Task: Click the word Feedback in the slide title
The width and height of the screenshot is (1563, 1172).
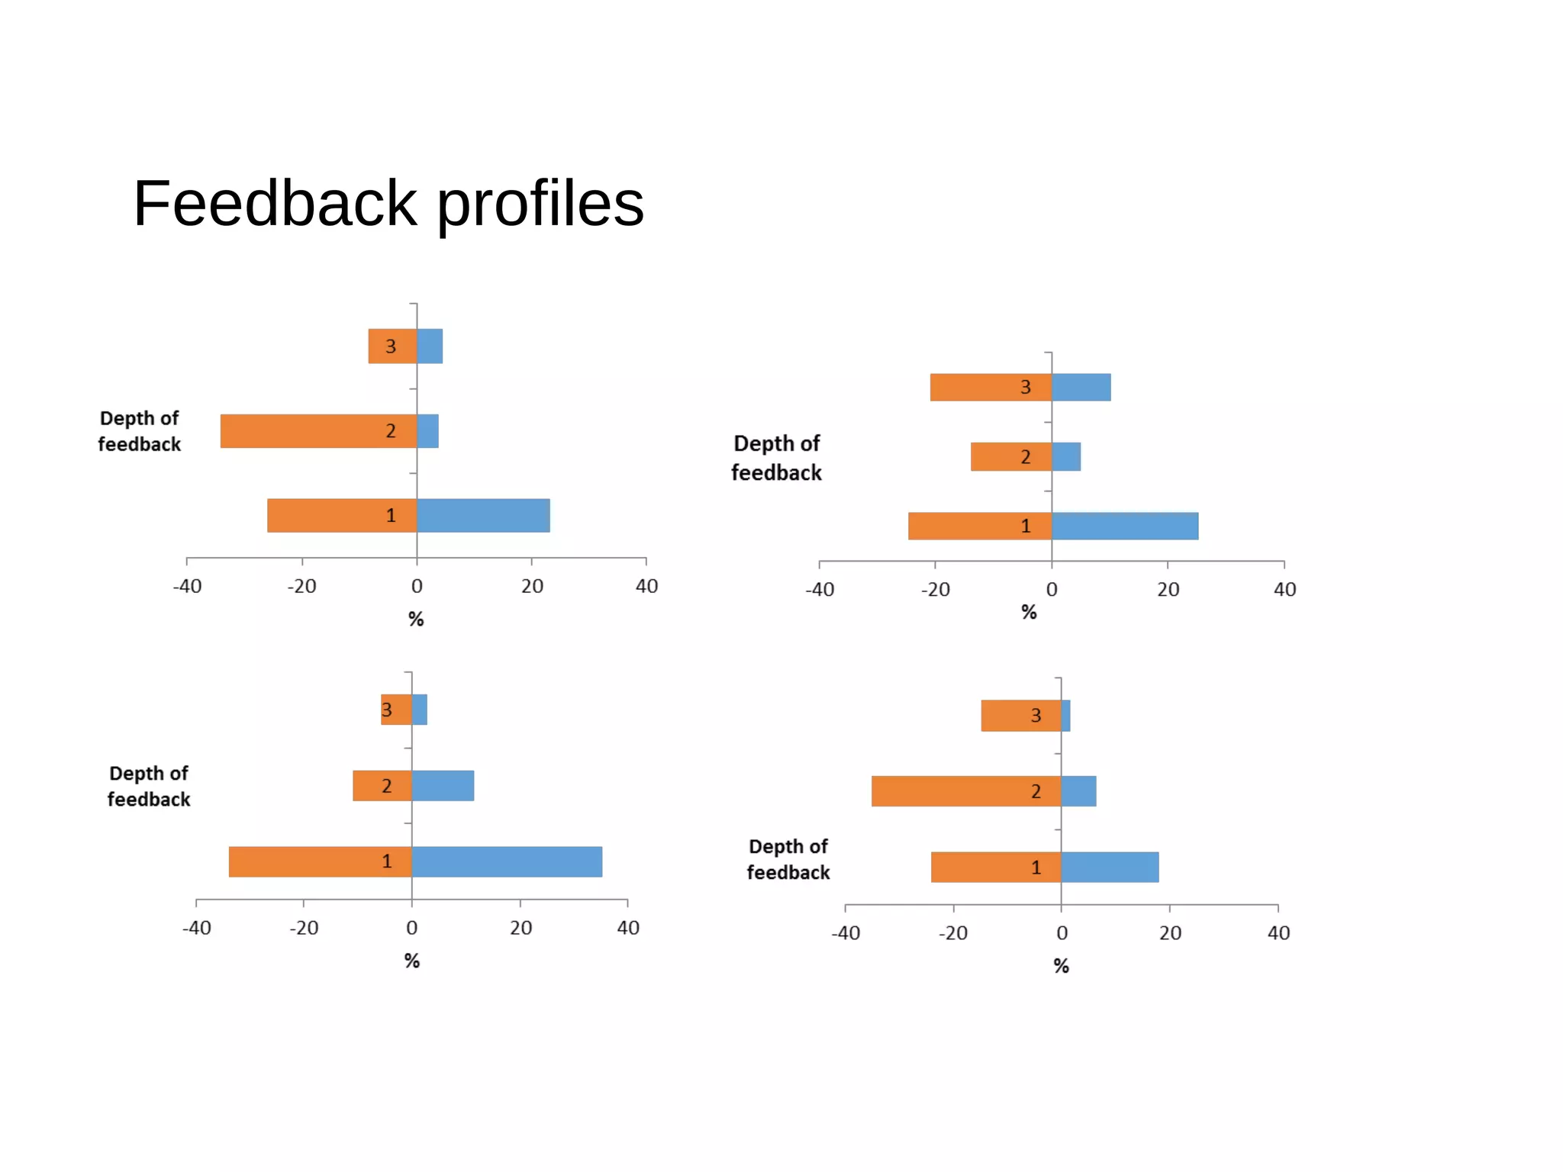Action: (275, 204)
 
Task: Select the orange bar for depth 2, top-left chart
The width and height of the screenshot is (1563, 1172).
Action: (305, 431)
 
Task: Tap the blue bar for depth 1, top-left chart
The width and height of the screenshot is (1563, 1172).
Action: (483, 516)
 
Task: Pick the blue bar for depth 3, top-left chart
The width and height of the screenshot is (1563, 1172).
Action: (430, 346)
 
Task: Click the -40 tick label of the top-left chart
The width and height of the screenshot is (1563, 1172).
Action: (187, 587)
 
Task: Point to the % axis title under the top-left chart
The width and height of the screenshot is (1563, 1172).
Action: (416, 619)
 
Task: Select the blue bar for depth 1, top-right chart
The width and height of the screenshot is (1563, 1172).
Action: (1125, 526)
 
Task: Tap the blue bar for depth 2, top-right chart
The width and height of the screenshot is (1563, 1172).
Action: (1066, 457)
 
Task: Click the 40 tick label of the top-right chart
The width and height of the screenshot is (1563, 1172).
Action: (1284, 590)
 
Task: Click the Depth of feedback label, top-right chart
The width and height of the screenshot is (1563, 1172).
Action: (776, 458)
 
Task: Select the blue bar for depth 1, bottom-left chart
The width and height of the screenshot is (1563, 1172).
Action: (507, 862)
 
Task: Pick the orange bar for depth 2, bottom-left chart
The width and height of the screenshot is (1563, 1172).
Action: (370, 786)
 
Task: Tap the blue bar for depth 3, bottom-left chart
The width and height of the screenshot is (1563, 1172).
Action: (420, 710)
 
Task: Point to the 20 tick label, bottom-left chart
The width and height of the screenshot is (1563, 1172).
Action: (520, 929)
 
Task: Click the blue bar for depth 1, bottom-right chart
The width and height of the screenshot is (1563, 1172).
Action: (1110, 868)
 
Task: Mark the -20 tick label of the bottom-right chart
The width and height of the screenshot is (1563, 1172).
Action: (952, 933)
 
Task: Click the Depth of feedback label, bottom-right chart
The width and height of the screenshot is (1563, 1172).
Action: (788, 860)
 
